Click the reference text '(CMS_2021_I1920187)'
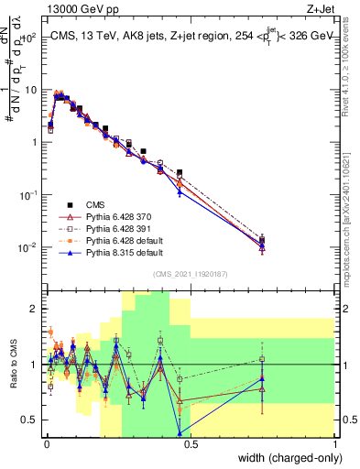pyautogui.click(x=190, y=274)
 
